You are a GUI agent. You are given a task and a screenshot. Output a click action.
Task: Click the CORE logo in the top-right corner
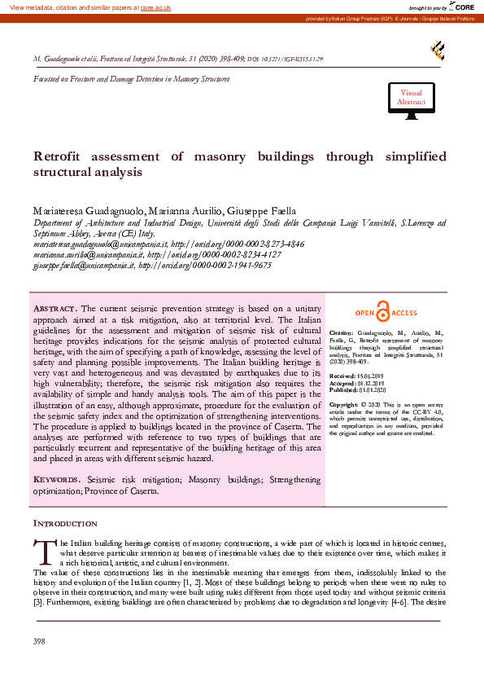463,7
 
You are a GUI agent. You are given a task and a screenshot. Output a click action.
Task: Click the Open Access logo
386,313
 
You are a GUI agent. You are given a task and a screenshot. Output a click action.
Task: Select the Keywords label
56,481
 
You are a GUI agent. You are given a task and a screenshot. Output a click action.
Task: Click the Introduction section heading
65,523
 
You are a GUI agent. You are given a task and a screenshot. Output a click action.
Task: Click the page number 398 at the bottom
39,642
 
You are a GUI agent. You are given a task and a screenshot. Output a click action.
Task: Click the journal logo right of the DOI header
438,51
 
